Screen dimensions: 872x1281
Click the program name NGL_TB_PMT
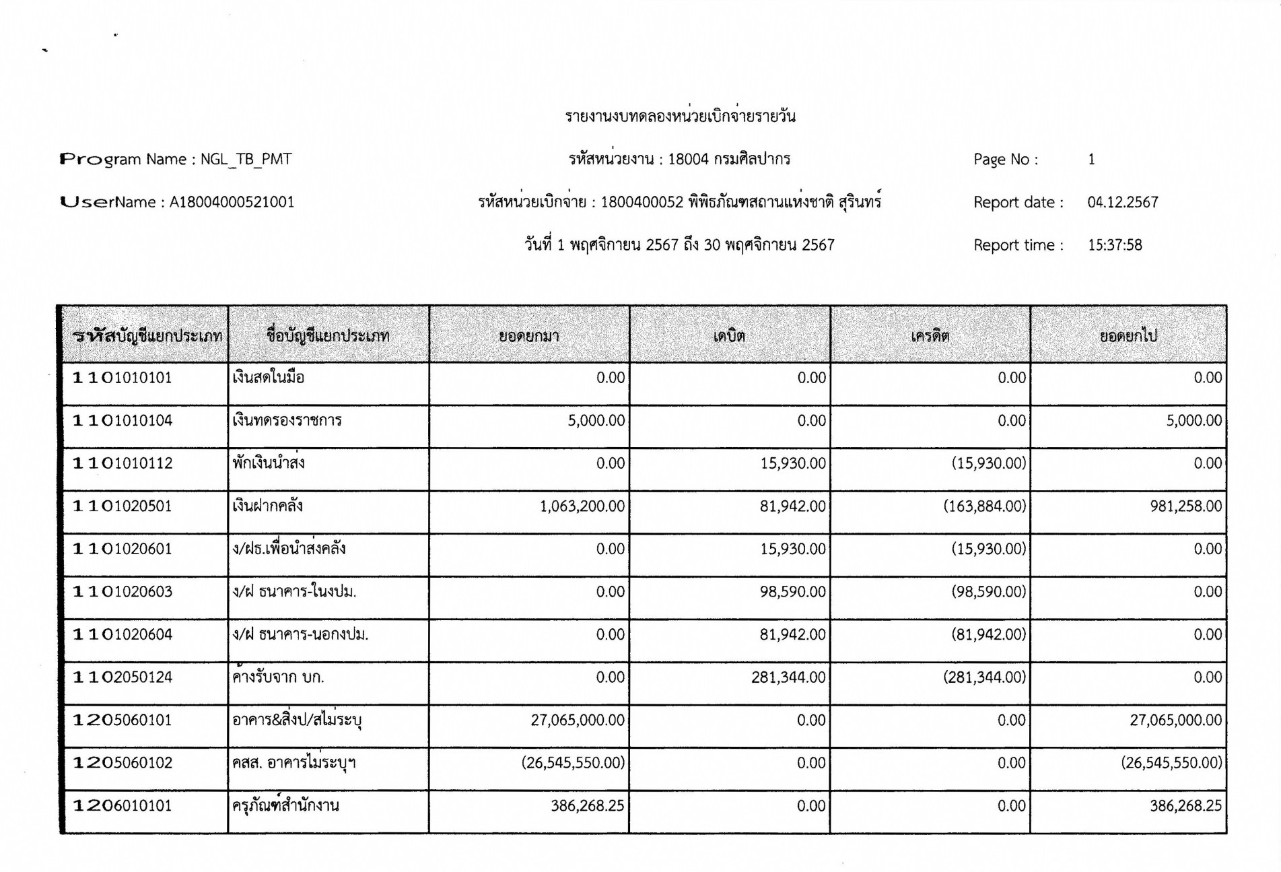click(x=246, y=160)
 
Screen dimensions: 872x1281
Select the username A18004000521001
click(x=232, y=202)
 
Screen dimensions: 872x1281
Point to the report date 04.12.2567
click(x=1122, y=202)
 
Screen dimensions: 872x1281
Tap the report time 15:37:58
click(x=1114, y=245)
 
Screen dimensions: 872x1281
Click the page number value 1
click(x=1091, y=160)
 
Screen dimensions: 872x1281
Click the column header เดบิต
click(x=729, y=335)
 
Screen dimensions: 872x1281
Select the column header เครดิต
click(x=930, y=335)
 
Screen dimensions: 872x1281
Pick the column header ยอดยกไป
click(x=1128, y=335)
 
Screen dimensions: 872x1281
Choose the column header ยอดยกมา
click(x=529, y=335)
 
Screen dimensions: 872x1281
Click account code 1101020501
click(x=123, y=506)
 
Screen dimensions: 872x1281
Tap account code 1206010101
click(x=123, y=806)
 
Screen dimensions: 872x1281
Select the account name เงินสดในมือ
click(x=269, y=378)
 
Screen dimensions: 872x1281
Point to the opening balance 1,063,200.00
click(x=582, y=506)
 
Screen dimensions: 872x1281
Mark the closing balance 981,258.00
click(x=1185, y=506)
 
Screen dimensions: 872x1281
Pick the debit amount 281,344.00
click(x=788, y=677)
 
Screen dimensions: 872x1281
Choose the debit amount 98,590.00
click(x=792, y=592)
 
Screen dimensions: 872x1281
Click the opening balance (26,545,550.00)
click(x=573, y=763)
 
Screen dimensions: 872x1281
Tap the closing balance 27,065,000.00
click(x=1175, y=720)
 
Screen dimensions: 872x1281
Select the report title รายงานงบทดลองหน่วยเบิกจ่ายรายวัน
click(x=680, y=116)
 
